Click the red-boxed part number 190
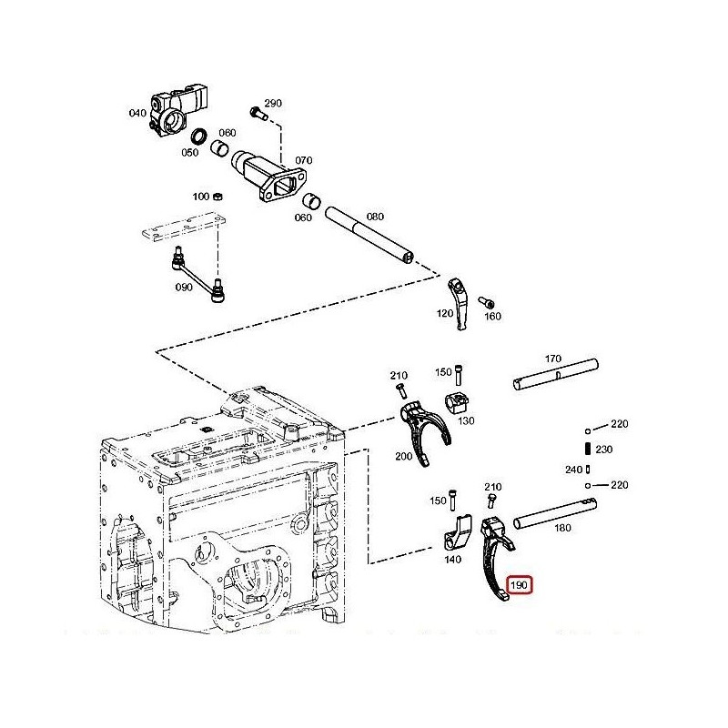[x=519, y=585]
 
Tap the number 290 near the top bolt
[x=273, y=103]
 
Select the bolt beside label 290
[x=258, y=113]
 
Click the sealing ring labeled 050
[x=199, y=137]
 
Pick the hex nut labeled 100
[x=217, y=197]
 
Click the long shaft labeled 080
[x=369, y=237]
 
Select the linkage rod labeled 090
[x=198, y=275]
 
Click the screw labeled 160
[x=486, y=303]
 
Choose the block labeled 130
[x=458, y=402]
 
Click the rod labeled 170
[x=555, y=374]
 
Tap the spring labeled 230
[x=587, y=449]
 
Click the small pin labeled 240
[x=588, y=470]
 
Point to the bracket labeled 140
[x=457, y=533]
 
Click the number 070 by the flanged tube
[x=304, y=160]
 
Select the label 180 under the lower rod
[x=562, y=528]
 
